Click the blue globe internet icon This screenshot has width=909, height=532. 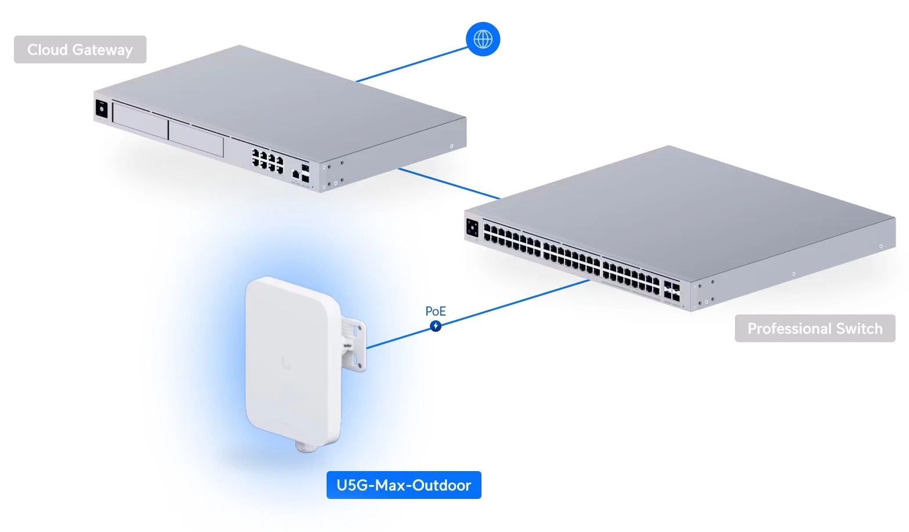pos(483,39)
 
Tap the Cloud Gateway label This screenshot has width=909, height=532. pos(80,49)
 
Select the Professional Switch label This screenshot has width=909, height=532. pos(815,328)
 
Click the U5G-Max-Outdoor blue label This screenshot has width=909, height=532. pos(404,485)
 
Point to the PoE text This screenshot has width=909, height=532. pos(436,311)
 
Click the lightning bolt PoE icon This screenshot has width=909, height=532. pos(436,326)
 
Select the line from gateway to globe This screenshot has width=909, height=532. pos(411,64)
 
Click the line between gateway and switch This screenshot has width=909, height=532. pos(449,183)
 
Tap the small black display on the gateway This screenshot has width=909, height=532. pos(102,109)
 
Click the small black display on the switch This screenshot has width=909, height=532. pos(472,227)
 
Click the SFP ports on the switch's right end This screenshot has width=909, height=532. pos(672,291)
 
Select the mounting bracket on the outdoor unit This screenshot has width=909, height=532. pos(354,344)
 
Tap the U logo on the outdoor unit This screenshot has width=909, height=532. pos(287,364)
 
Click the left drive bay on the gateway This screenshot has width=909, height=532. pos(140,121)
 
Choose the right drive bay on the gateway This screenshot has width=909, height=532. pos(196,138)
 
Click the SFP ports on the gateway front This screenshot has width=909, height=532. pos(305,173)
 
